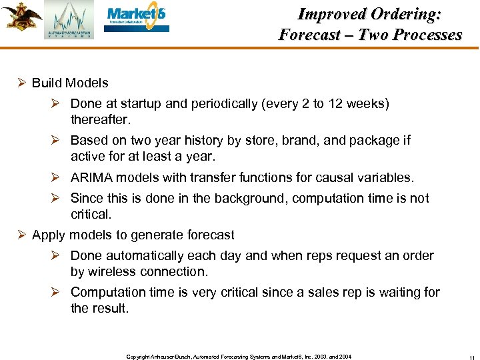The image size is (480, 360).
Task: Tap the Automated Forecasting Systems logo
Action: (x=69, y=21)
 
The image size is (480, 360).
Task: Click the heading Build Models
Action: (x=70, y=83)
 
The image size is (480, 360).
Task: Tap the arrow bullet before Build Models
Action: (x=22, y=83)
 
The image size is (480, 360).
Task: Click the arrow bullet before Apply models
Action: (x=22, y=235)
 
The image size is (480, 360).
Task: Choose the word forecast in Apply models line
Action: (x=209, y=235)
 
